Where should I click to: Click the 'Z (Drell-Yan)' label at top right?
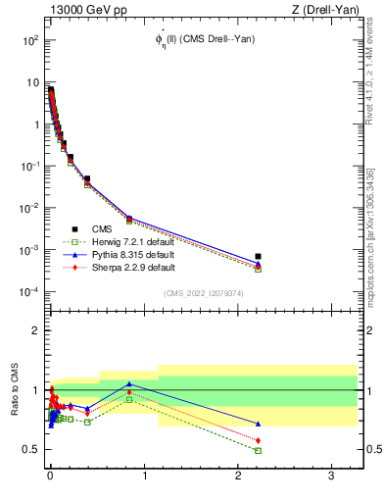330,11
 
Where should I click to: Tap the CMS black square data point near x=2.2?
258,256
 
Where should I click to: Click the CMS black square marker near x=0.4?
87,179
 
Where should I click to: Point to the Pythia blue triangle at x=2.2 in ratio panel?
258,424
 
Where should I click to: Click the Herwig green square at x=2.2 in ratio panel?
258,450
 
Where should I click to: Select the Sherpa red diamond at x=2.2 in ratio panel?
258,440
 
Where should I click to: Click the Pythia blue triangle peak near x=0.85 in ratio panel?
129,383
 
